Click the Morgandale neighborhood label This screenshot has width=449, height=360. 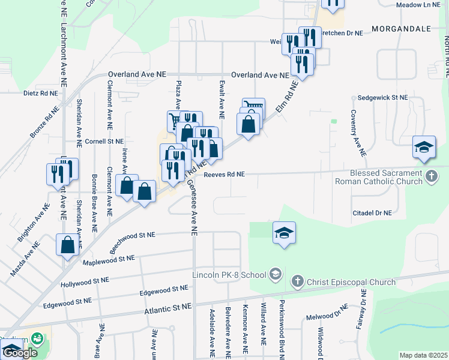(x=402, y=28)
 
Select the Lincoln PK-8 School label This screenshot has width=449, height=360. (x=229, y=275)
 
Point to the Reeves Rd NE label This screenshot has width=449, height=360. (x=224, y=174)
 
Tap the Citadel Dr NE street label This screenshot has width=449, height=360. (x=372, y=213)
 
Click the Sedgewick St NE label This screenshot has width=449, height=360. (x=382, y=97)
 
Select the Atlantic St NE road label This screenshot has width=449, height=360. (x=168, y=306)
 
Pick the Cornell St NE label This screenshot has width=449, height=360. (x=104, y=141)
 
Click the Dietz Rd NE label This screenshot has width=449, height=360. (x=41, y=94)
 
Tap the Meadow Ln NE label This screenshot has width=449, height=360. (x=419, y=5)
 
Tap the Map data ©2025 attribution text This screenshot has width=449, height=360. (x=423, y=355)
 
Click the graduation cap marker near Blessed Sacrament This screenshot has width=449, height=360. (x=423, y=148)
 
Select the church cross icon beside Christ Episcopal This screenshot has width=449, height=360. (x=297, y=281)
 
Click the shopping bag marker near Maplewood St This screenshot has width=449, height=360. (x=67, y=244)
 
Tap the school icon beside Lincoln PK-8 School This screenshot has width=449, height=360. (x=275, y=275)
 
